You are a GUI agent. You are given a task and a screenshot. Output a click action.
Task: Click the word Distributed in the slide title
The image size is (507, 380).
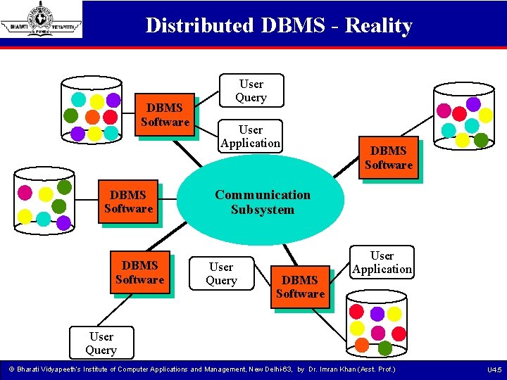tap(199, 26)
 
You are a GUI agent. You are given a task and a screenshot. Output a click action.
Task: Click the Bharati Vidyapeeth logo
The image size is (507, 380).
tap(42, 19)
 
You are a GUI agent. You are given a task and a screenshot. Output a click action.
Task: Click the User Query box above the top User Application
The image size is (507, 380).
tap(251, 91)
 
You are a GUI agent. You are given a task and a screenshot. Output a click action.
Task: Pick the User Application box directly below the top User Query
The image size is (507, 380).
tap(251, 137)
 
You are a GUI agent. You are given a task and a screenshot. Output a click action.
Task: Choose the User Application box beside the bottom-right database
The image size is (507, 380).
tap(382, 262)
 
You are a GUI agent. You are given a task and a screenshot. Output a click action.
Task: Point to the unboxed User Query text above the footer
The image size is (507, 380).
tap(101, 343)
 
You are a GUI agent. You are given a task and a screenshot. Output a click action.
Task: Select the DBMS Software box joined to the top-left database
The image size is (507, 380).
tap(165, 115)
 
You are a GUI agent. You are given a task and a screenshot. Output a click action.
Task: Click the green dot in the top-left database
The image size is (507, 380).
tap(71, 115)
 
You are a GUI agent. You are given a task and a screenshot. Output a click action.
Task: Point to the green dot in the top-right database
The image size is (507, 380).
tap(481, 139)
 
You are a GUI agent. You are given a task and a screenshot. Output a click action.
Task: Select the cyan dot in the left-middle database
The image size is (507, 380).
tap(44, 219)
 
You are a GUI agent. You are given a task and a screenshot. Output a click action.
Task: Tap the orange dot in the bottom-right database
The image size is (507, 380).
tap(361, 345)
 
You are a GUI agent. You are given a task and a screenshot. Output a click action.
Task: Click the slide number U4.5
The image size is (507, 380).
tap(494, 369)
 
